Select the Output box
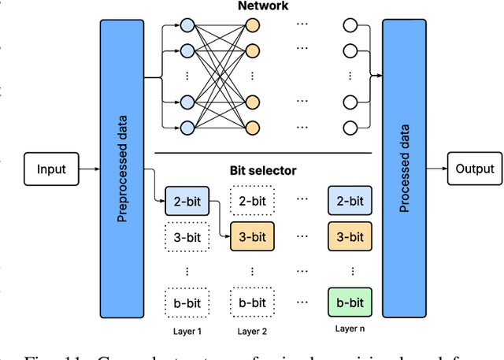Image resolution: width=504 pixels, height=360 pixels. coord(474,169)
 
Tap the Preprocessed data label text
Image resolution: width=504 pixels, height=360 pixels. coord(122,169)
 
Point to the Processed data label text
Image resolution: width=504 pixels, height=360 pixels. coord(405,169)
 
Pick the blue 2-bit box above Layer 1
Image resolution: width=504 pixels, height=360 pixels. coord(187,201)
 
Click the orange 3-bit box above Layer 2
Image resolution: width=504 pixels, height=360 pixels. coord(252,236)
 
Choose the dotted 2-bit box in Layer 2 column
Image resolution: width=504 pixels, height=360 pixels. coord(252,201)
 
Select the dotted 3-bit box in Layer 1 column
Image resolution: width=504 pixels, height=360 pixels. coord(187,236)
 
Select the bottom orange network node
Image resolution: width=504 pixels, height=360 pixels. coord(252,128)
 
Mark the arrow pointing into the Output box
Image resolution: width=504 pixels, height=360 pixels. coord(437,169)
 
